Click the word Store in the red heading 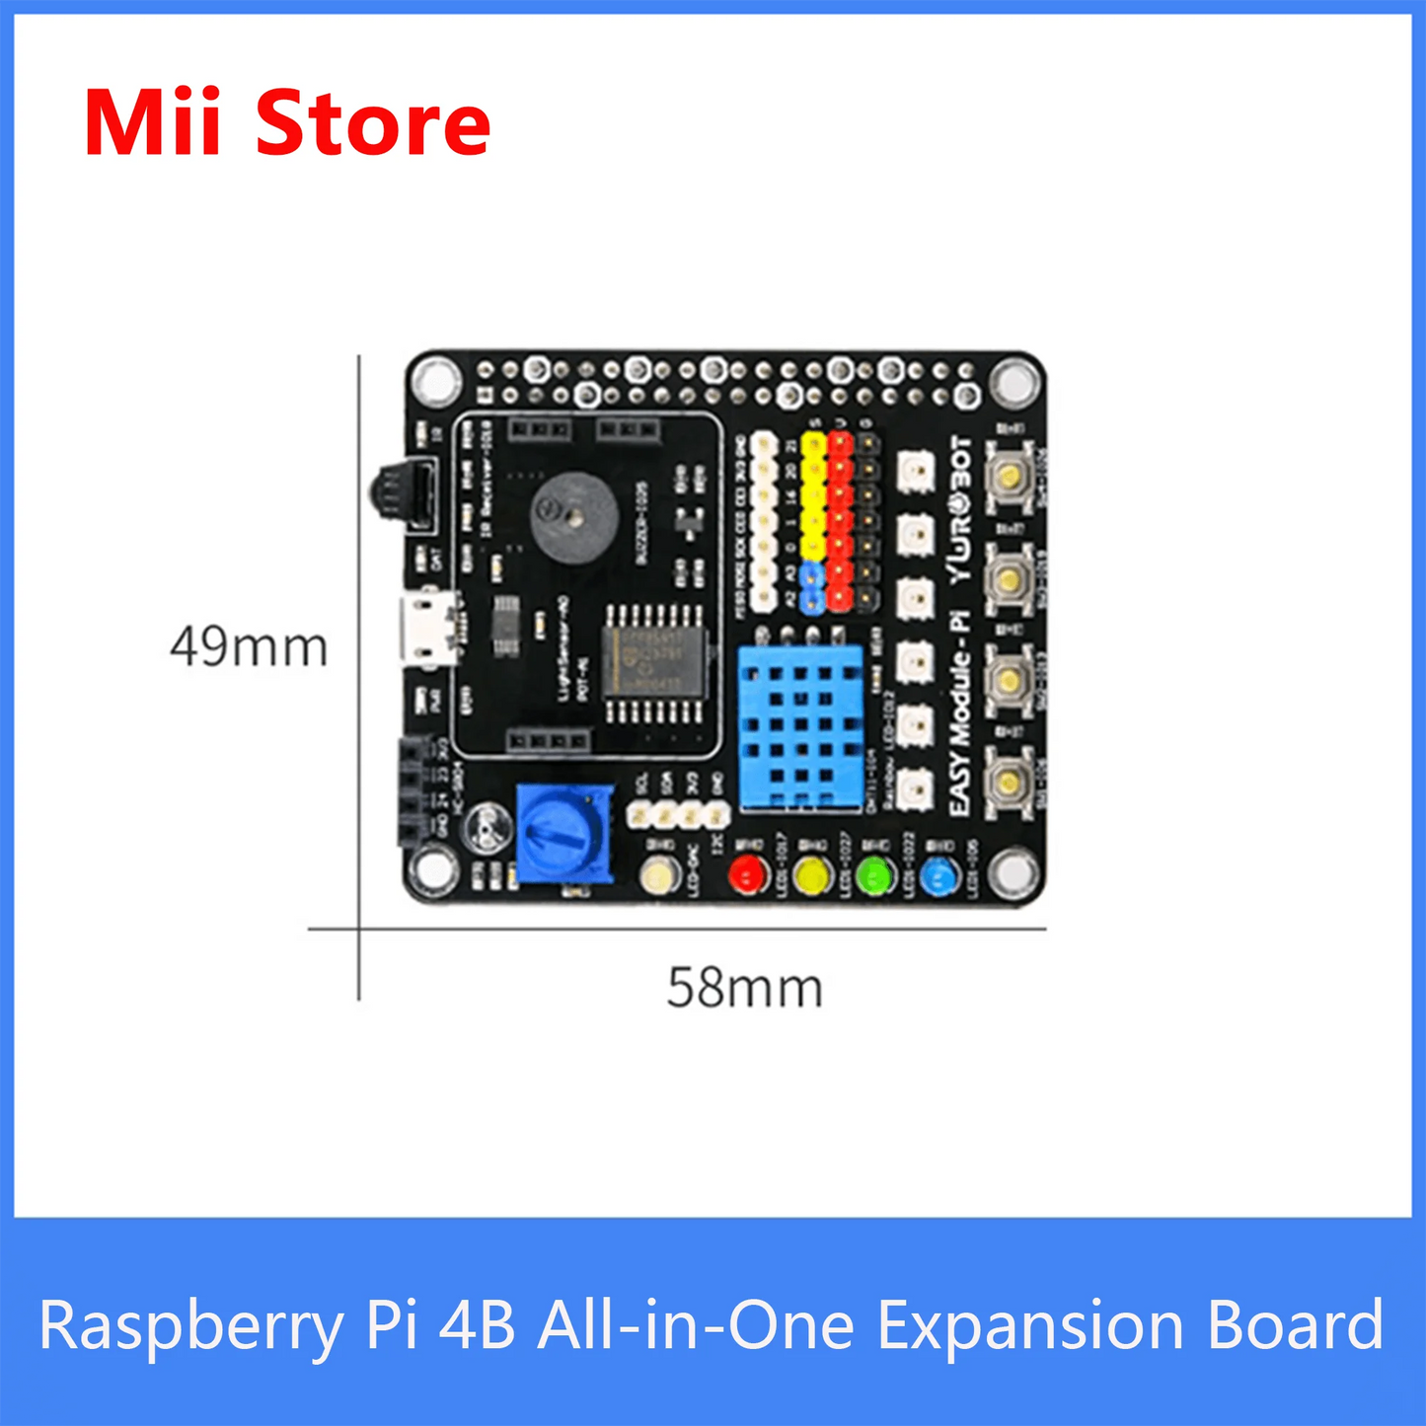click(373, 123)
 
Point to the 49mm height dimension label click(249, 647)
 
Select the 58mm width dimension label click(744, 987)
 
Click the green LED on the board click(874, 875)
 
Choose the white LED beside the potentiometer click(659, 875)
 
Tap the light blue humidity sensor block click(800, 728)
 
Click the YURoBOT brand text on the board click(960, 508)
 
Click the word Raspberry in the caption click(192, 1325)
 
